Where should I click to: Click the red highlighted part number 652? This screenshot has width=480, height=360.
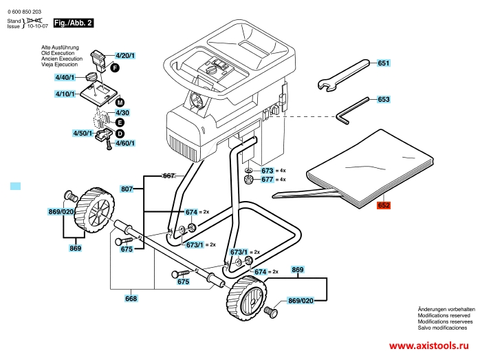tap(383, 205)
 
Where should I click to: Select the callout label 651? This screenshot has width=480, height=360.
tap(383, 63)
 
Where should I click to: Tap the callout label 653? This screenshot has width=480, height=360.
tap(383, 99)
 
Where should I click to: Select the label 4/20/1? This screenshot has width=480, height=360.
tap(125, 55)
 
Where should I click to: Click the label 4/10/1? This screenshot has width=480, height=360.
tap(66, 93)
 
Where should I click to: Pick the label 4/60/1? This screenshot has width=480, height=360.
tap(124, 142)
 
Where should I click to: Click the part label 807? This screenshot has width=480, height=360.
tap(127, 189)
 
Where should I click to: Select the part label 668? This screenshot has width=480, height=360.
tap(131, 299)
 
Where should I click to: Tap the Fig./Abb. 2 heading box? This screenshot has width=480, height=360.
tap(73, 23)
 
